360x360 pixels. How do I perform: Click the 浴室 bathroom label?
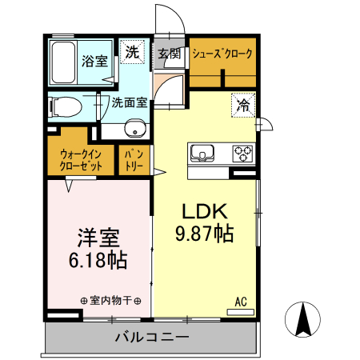click(95, 61)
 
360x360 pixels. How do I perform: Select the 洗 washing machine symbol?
click(133, 53)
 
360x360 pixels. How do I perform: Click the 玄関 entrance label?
click(168, 54)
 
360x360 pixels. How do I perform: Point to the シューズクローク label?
click(222, 54)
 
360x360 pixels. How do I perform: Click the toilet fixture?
click(67, 105)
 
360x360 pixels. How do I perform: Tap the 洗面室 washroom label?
click(128, 102)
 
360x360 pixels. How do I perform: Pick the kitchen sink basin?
click(201, 152)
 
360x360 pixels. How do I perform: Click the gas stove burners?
click(242, 152)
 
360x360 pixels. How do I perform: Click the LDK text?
click(204, 212)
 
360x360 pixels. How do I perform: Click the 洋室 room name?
click(98, 238)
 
